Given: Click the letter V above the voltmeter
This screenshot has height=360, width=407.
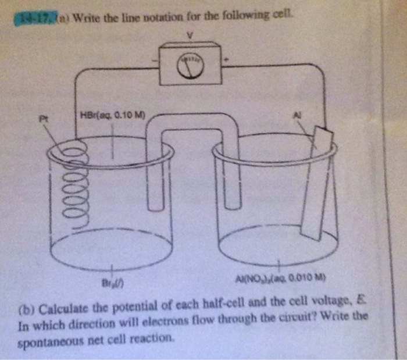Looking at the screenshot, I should click(189, 36).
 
